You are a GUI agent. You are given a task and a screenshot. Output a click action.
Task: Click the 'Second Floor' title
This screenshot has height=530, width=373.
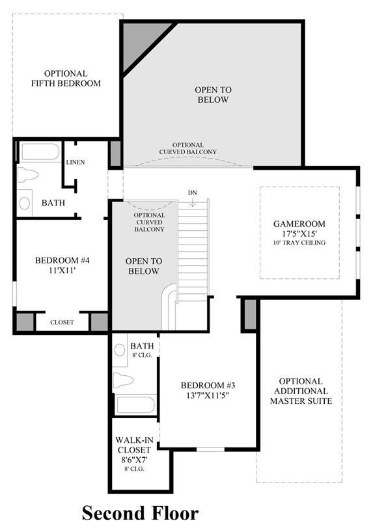[140, 512]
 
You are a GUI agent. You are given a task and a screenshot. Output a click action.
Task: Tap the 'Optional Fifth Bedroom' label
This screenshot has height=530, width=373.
[66, 79]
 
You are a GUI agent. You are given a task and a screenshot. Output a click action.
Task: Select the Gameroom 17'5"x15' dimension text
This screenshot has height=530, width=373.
[299, 233]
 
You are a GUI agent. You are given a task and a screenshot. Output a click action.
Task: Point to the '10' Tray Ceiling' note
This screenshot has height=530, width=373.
[299, 243]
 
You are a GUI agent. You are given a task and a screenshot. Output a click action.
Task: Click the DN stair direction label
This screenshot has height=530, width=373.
[193, 192]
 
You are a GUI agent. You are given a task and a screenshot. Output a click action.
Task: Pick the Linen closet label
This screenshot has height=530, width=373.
[76, 162]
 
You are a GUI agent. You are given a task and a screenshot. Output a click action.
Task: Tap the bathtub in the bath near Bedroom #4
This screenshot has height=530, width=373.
[40, 152]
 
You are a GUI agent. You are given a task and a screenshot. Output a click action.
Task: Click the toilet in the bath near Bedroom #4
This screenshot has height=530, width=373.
[28, 175]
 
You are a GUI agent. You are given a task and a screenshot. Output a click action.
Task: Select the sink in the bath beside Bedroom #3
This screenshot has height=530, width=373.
[120, 350]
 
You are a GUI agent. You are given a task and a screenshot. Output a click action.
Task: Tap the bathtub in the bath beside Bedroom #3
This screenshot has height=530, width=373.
[135, 405]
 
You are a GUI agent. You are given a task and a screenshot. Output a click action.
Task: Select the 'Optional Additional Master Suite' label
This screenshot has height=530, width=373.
[301, 391]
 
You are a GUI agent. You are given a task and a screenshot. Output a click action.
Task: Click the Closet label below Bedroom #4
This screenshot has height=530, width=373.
[62, 322]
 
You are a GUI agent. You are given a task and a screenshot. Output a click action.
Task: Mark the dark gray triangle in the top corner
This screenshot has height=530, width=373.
[142, 40]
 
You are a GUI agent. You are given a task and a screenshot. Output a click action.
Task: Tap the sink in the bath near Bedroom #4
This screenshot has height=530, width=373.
[24, 203]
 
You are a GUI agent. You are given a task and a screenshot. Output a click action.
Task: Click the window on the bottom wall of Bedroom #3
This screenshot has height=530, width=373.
[210, 449]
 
